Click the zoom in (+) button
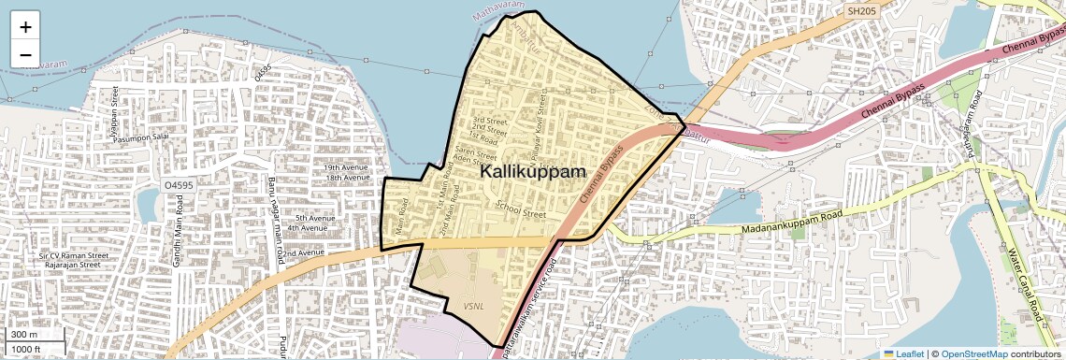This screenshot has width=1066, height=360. point(25,27)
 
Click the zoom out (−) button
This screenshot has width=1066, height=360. point(25,54)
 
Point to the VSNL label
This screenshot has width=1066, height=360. point(473,306)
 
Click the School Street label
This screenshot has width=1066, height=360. point(521,211)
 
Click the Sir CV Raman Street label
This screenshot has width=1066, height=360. point(74,254)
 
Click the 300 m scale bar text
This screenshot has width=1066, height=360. point(23,335)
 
